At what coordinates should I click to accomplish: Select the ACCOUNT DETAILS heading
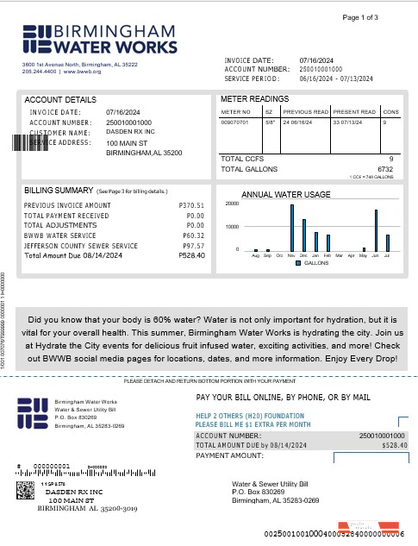pos(60,100)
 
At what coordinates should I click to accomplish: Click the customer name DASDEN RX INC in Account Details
pos(130,133)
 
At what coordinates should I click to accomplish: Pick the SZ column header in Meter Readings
pos(269,112)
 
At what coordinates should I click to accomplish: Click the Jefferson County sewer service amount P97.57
pos(191,246)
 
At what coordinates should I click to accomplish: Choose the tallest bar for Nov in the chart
pos(291,227)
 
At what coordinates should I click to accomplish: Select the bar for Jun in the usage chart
pos(376,229)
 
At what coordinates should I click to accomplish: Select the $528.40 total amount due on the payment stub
pos(392,445)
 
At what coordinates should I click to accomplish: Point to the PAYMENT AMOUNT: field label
pos(229,455)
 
